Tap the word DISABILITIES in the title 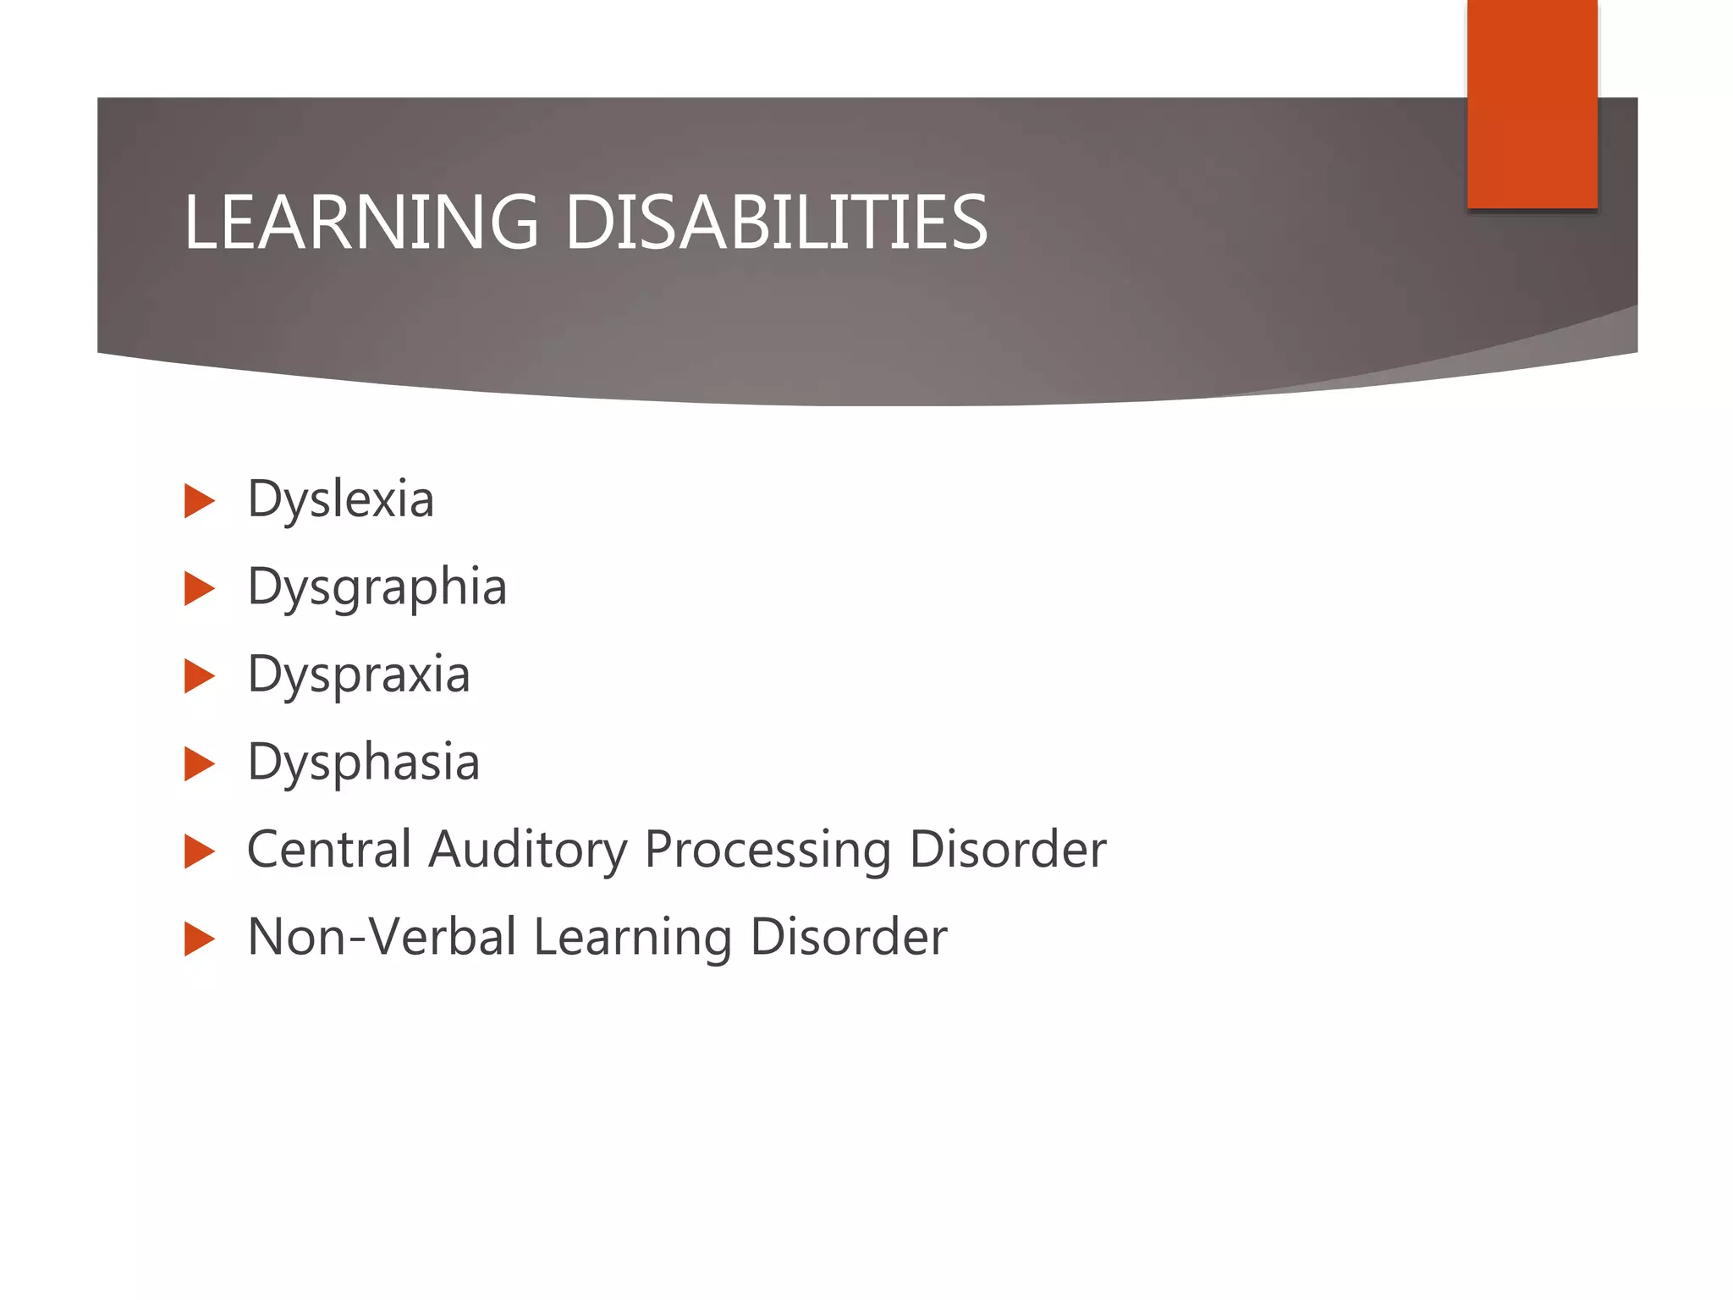pyautogui.click(x=775, y=223)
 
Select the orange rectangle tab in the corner pyautogui.click(x=1532, y=103)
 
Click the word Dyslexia pyautogui.click(x=340, y=500)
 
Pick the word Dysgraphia pyautogui.click(x=377, y=588)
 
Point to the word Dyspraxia pyautogui.click(x=358, y=675)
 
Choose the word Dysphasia pyautogui.click(x=363, y=763)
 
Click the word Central pyautogui.click(x=329, y=849)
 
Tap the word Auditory pyautogui.click(x=527, y=851)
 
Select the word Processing pyautogui.click(x=767, y=851)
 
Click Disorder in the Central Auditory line pyautogui.click(x=1007, y=849)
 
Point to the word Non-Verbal pyautogui.click(x=382, y=937)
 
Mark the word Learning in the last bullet pyautogui.click(x=633, y=939)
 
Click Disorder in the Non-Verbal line pyautogui.click(x=848, y=937)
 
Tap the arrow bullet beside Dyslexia pyautogui.click(x=199, y=501)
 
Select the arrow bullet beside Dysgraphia pyautogui.click(x=199, y=589)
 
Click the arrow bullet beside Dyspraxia pyautogui.click(x=199, y=676)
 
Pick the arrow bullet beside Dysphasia pyautogui.click(x=199, y=763)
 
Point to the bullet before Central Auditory pyautogui.click(x=199, y=851)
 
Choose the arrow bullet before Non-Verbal pyautogui.click(x=199, y=939)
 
